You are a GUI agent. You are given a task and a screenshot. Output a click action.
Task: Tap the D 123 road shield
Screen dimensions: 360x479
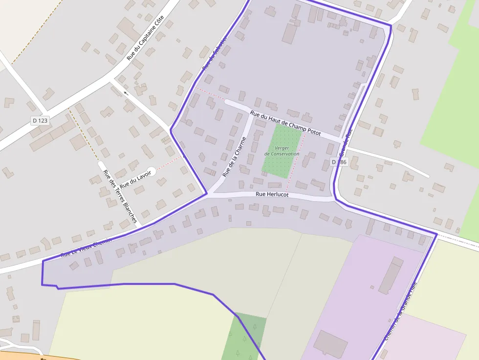[x=41, y=120]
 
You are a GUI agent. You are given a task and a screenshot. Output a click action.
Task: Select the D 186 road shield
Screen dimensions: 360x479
[x=339, y=162]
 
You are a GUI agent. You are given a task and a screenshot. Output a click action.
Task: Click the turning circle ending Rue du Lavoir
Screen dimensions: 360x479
[x=151, y=171]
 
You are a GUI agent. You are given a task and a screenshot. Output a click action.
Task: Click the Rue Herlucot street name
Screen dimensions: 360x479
[x=272, y=194]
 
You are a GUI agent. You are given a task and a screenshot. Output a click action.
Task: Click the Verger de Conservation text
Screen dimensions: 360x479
[x=282, y=151]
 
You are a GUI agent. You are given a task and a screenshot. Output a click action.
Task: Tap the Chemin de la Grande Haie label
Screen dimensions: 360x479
[x=400, y=311]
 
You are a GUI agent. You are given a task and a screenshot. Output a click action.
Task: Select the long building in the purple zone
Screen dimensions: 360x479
[x=391, y=276]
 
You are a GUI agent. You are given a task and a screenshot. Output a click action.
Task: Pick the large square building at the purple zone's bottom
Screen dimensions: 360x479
[x=330, y=343]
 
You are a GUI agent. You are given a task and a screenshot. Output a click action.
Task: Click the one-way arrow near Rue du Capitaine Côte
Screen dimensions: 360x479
[x=126, y=93]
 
